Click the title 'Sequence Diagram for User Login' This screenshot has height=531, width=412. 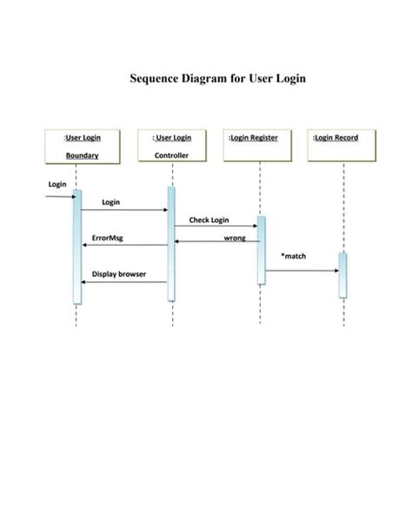tap(217, 79)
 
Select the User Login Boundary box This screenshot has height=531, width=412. tap(82, 146)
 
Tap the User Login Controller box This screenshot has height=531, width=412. tap(171, 146)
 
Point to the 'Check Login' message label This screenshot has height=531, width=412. tap(209, 220)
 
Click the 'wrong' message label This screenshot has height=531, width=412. tap(234, 237)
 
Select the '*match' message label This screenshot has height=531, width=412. tap(293, 256)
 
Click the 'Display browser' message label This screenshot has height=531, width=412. tap(118, 274)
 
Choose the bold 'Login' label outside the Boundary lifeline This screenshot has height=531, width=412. tap(57, 184)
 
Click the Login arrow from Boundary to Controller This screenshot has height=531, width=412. tap(124, 210)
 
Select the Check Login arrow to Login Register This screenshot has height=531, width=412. tap(216, 227)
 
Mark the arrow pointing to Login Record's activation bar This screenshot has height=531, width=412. tap(302, 271)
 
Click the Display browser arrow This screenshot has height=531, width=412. tap(124, 282)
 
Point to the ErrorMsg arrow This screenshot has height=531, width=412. tap(124, 245)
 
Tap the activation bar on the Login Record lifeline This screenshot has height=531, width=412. tap(342, 275)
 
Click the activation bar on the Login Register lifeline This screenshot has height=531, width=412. tap(261, 250)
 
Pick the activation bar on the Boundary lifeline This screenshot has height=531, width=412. tap(76, 247)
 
